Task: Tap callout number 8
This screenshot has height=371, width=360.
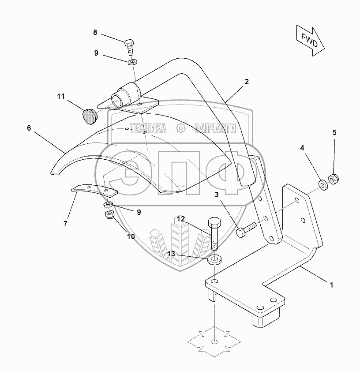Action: [95, 32]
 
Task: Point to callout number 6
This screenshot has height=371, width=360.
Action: [29, 128]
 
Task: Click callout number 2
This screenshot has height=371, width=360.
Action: [247, 82]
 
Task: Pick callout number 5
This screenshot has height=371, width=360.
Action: [334, 132]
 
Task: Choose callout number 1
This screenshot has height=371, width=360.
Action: [331, 285]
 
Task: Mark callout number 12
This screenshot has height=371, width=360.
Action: [181, 218]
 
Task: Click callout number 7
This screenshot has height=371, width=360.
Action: [65, 224]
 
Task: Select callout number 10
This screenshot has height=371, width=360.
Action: [131, 236]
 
